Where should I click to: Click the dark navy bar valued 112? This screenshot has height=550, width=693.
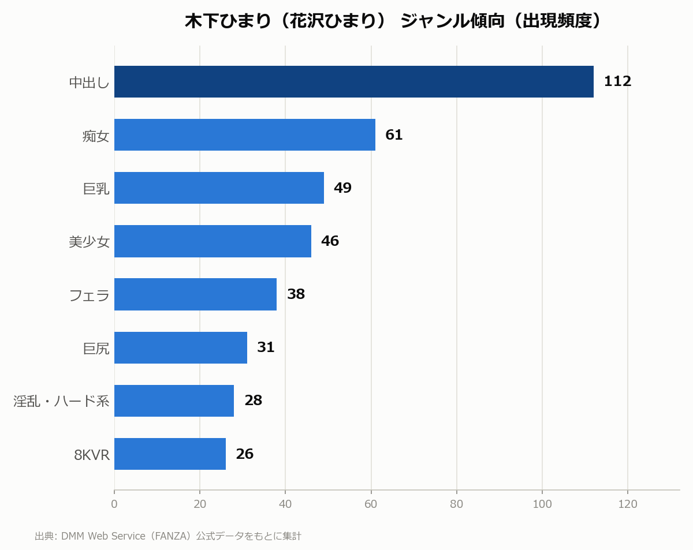(x=354, y=82)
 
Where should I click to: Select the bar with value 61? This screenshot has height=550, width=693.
(x=245, y=135)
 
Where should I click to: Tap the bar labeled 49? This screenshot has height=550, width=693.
(x=219, y=188)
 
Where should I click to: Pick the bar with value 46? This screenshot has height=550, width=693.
(x=213, y=241)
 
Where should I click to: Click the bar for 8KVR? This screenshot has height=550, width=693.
(x=170, y=454)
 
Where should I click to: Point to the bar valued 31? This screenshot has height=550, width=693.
(x=181, y=347)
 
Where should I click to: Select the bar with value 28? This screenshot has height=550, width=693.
(x=174, y=401)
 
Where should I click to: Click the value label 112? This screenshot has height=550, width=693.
(x=618, y=81)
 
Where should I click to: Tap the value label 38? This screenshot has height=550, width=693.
(x=296, y=294)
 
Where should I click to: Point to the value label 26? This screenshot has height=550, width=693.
(x=245, y=454)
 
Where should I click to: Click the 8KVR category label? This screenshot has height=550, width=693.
(x=92, y=455)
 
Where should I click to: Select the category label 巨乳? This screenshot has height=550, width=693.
(x=96, y=189)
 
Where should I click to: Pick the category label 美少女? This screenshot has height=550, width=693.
(x=89, y=242)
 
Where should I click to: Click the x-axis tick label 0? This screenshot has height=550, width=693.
(x=114, y=504)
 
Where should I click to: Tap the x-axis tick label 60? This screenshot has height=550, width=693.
(x=371, y=504)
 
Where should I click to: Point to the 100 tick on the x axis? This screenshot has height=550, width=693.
(x=542, y=504)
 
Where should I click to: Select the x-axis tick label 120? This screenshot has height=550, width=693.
(x=628, y=504)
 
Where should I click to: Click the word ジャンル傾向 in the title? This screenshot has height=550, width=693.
(x=452, y=21)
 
